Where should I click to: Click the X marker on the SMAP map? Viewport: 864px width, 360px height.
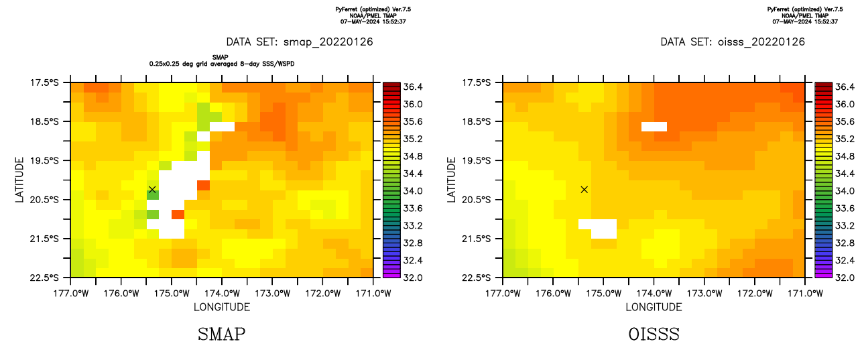point(152,190)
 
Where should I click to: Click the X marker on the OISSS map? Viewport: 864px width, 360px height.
point(584,190)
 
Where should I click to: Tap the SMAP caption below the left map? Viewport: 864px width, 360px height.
point(221,334)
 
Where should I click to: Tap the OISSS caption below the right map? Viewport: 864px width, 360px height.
point(654,334)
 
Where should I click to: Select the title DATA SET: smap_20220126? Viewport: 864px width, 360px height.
point(300,42)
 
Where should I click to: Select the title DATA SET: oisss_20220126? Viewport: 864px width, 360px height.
point(733,42)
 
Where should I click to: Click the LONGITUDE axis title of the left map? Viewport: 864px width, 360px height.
point(222,307)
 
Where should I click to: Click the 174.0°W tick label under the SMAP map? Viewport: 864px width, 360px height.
point(222,293)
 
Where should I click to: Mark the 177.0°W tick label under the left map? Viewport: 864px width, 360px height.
point(71,293)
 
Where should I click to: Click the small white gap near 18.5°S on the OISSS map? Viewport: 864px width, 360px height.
point(654,126)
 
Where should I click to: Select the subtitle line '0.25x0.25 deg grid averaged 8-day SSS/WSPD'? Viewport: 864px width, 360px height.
point(222,64)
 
